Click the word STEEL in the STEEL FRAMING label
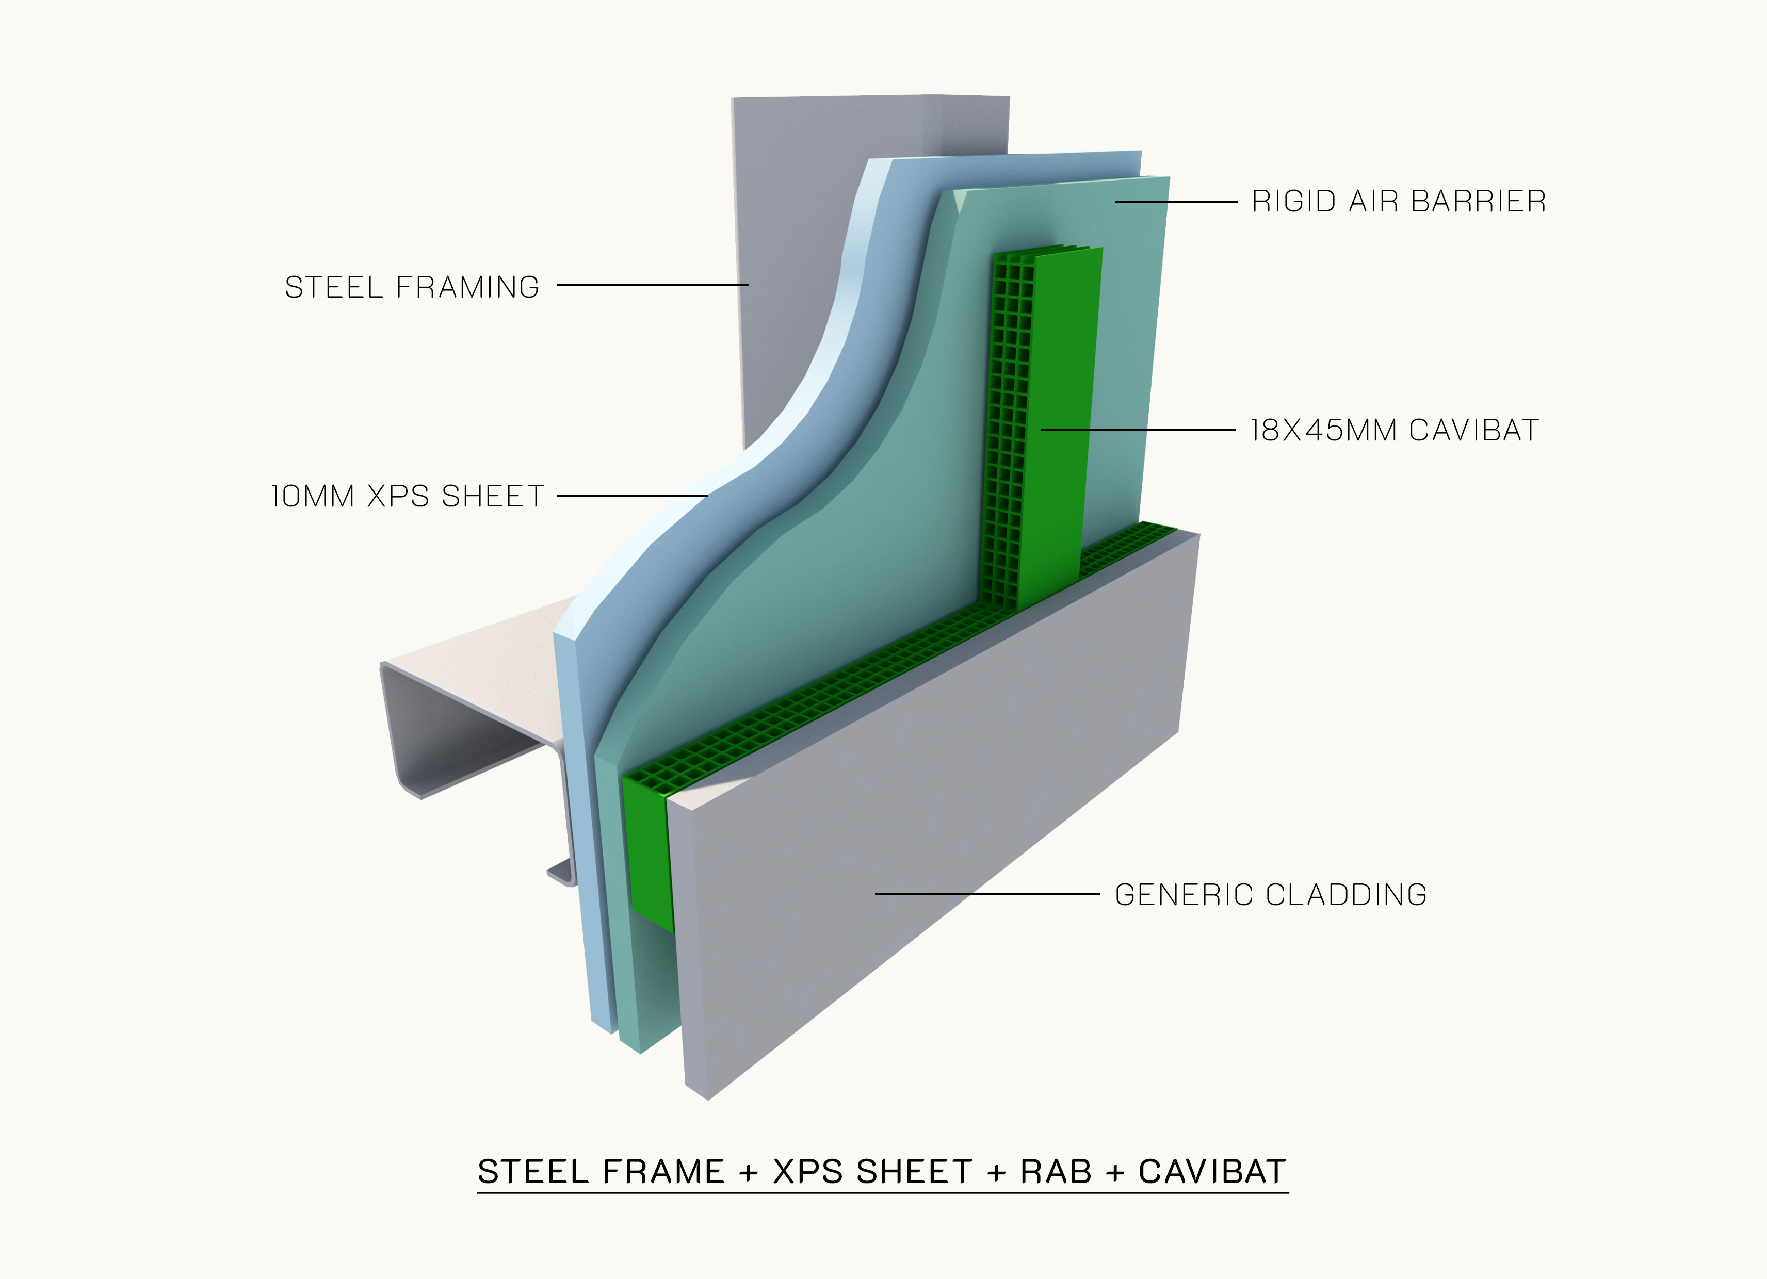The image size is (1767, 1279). (333, 287)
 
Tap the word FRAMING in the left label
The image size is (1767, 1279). (467, 287)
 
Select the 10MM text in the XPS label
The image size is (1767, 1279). (312, 496)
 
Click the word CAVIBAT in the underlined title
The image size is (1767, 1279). (1211, 1172)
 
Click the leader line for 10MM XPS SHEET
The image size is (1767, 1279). (631, 496)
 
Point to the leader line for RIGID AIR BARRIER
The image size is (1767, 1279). (1175, 202)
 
